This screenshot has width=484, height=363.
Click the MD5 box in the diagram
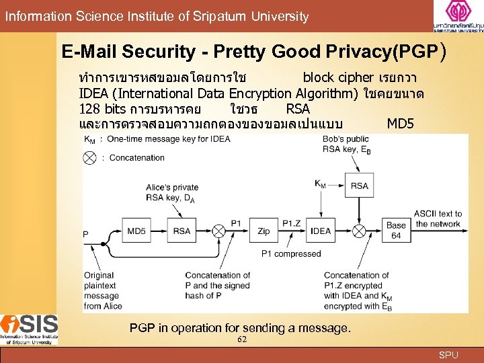click(x=137, y=231)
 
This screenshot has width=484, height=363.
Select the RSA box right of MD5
click(x=182, y=231)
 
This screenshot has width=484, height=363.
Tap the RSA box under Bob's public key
click(x=359, y=186)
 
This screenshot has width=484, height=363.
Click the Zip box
click(x=264, y=231)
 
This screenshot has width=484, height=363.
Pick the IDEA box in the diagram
click(x=321, y=231)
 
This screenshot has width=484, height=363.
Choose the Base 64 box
click(x=396, y=230)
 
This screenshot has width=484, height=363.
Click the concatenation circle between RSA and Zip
click(x=218, y=231)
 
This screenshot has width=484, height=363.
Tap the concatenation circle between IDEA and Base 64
click(x=359, y=231)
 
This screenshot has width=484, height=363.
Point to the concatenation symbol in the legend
click(x=89, y=158)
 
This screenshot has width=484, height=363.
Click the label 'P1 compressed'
click(x=291, y=254)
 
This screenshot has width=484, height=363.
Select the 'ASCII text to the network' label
click(x=437, y=219)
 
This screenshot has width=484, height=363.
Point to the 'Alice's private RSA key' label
click(x=172, y=193)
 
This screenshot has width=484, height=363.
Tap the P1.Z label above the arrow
click(x=292, y=223)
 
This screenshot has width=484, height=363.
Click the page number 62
click(x=242, y=339)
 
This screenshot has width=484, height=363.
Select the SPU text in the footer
click(x=448, y=354)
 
